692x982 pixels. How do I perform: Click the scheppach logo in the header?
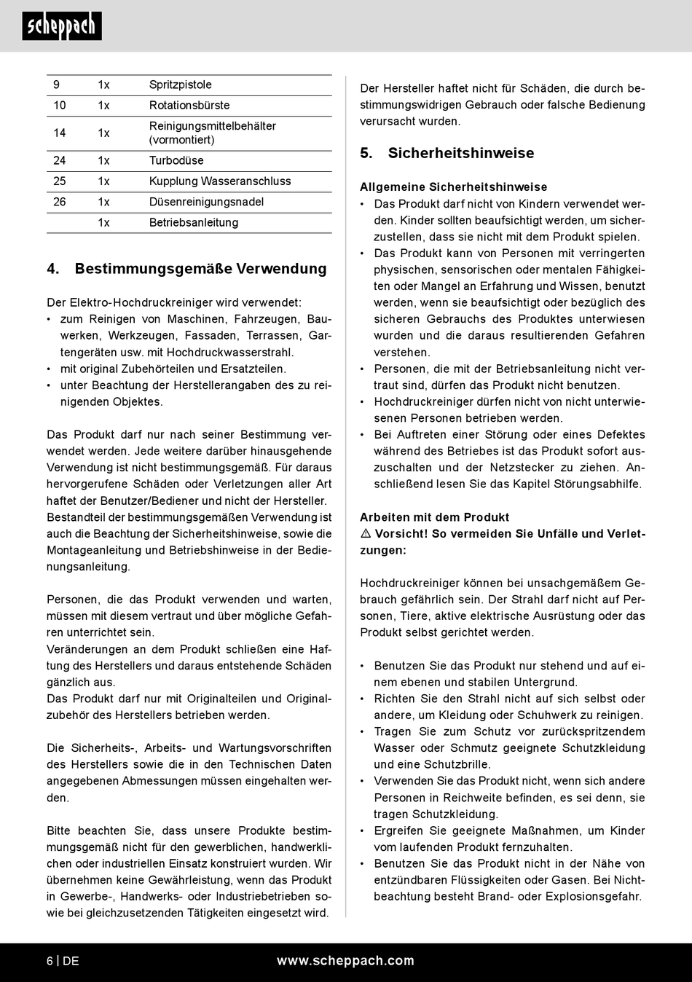click(62, 26)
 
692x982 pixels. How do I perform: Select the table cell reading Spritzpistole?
click(180, 85)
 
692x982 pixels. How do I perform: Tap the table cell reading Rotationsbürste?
click(189, 106)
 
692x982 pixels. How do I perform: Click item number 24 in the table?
click(60, 160)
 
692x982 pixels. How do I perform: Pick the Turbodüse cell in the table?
click(176, 160)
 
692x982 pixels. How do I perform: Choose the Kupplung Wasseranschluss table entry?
click(220, 181)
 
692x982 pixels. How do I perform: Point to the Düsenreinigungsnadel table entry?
click(206, 202)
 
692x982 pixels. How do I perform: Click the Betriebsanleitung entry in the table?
click(194, 223)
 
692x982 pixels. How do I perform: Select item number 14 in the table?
click(60, 133)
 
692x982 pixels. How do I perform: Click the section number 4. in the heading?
click(53, 269)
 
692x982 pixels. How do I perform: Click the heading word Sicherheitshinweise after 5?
click(461, 153)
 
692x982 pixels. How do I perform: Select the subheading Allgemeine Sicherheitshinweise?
click(453, 187)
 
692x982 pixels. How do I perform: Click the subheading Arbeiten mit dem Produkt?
click(434, 517)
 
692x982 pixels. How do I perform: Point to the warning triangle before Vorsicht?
click(366, 534)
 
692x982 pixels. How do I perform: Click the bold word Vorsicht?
click(401, 534)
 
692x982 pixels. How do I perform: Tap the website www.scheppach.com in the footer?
click(345, 961)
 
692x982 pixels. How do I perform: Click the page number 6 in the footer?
click(50, 961)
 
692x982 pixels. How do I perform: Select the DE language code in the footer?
click(71, 961)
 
